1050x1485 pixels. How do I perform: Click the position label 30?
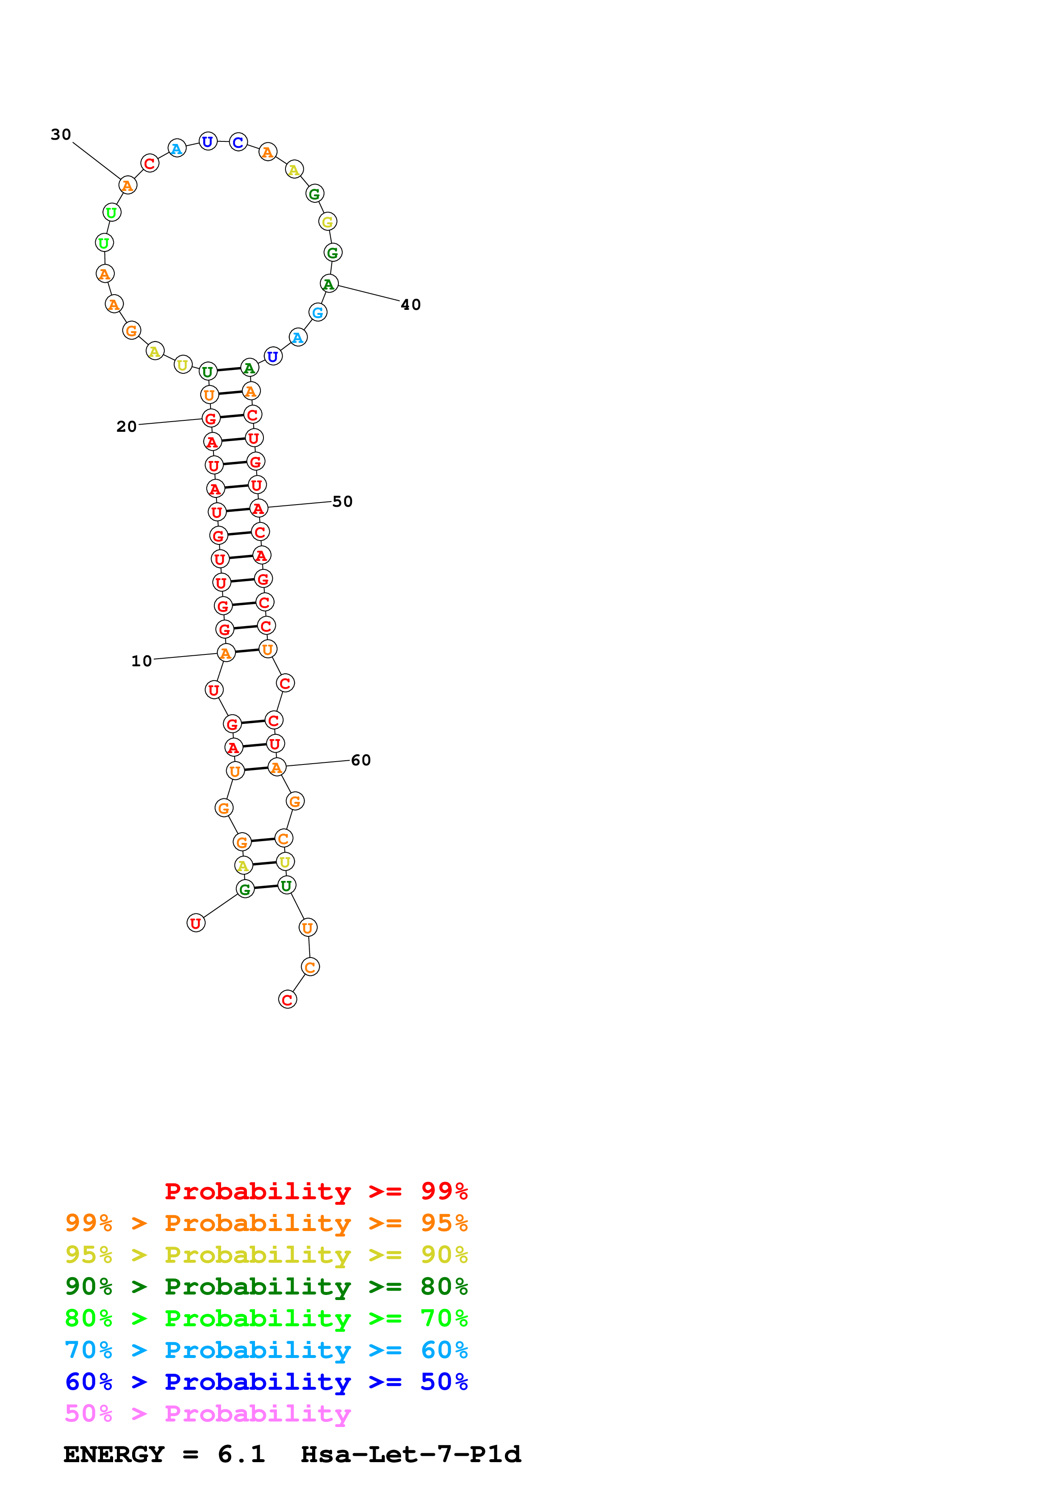(61, 135)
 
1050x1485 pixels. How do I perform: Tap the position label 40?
(411, 305)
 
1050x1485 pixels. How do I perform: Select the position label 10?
(142, 661)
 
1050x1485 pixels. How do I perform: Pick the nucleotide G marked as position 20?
(210, 419)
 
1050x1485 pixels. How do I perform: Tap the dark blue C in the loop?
(238, 142)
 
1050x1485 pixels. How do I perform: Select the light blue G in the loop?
(318, 312)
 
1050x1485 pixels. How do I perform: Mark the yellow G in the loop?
(327, 221)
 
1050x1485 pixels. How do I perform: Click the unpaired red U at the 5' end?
(195, 923)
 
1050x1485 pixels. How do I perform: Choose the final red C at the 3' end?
(287, 999)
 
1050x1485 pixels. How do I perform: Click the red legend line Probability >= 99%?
(316, 1191)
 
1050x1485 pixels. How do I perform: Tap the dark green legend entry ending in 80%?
(266, 1286)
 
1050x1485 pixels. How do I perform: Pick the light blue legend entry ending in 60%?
(266, 1350)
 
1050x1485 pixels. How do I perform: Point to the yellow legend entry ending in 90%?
(266, 1255)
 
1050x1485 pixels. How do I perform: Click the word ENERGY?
(114, 1454)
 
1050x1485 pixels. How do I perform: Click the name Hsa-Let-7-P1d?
(411, 1454)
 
